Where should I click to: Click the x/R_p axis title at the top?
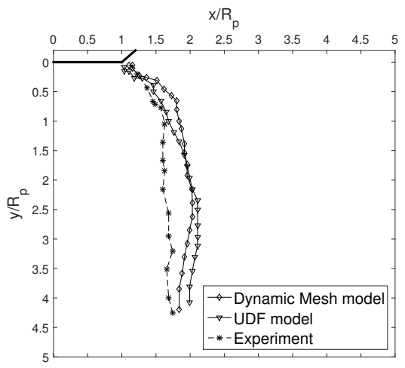(223, 11)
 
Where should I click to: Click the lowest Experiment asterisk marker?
(173, 312)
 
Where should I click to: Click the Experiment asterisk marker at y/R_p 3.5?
(167, 268)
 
